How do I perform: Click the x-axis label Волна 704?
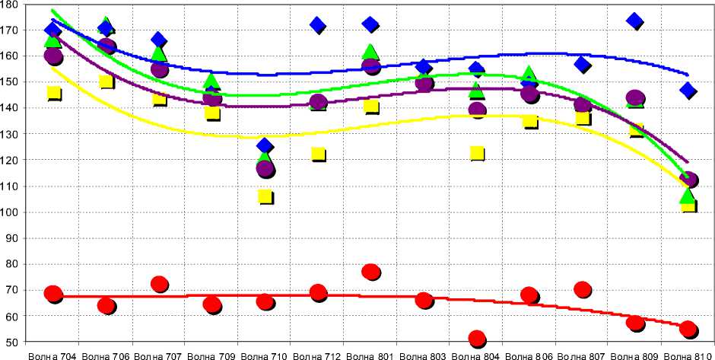(53, 355)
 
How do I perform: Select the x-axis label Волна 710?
(265, 355)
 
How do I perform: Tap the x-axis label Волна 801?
(370, 355)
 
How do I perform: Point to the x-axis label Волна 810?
(688, 355)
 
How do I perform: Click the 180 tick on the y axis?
(11, 5)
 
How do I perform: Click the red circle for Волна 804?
(477, 339)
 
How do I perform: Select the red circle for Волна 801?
(370, 272)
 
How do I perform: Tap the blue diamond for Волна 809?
(635, 21)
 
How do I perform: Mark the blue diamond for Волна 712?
(318, 25)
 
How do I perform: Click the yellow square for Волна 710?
(265, 196)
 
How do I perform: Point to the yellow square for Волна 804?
(477, 153)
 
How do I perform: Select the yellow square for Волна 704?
(53, 94)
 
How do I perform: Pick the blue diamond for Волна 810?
(688, 91)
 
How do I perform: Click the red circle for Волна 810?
(688, 329)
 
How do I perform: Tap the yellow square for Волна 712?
(318, 154)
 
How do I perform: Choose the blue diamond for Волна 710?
(265, 145)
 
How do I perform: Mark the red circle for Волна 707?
(159, 284)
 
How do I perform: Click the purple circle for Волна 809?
(635, 98)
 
